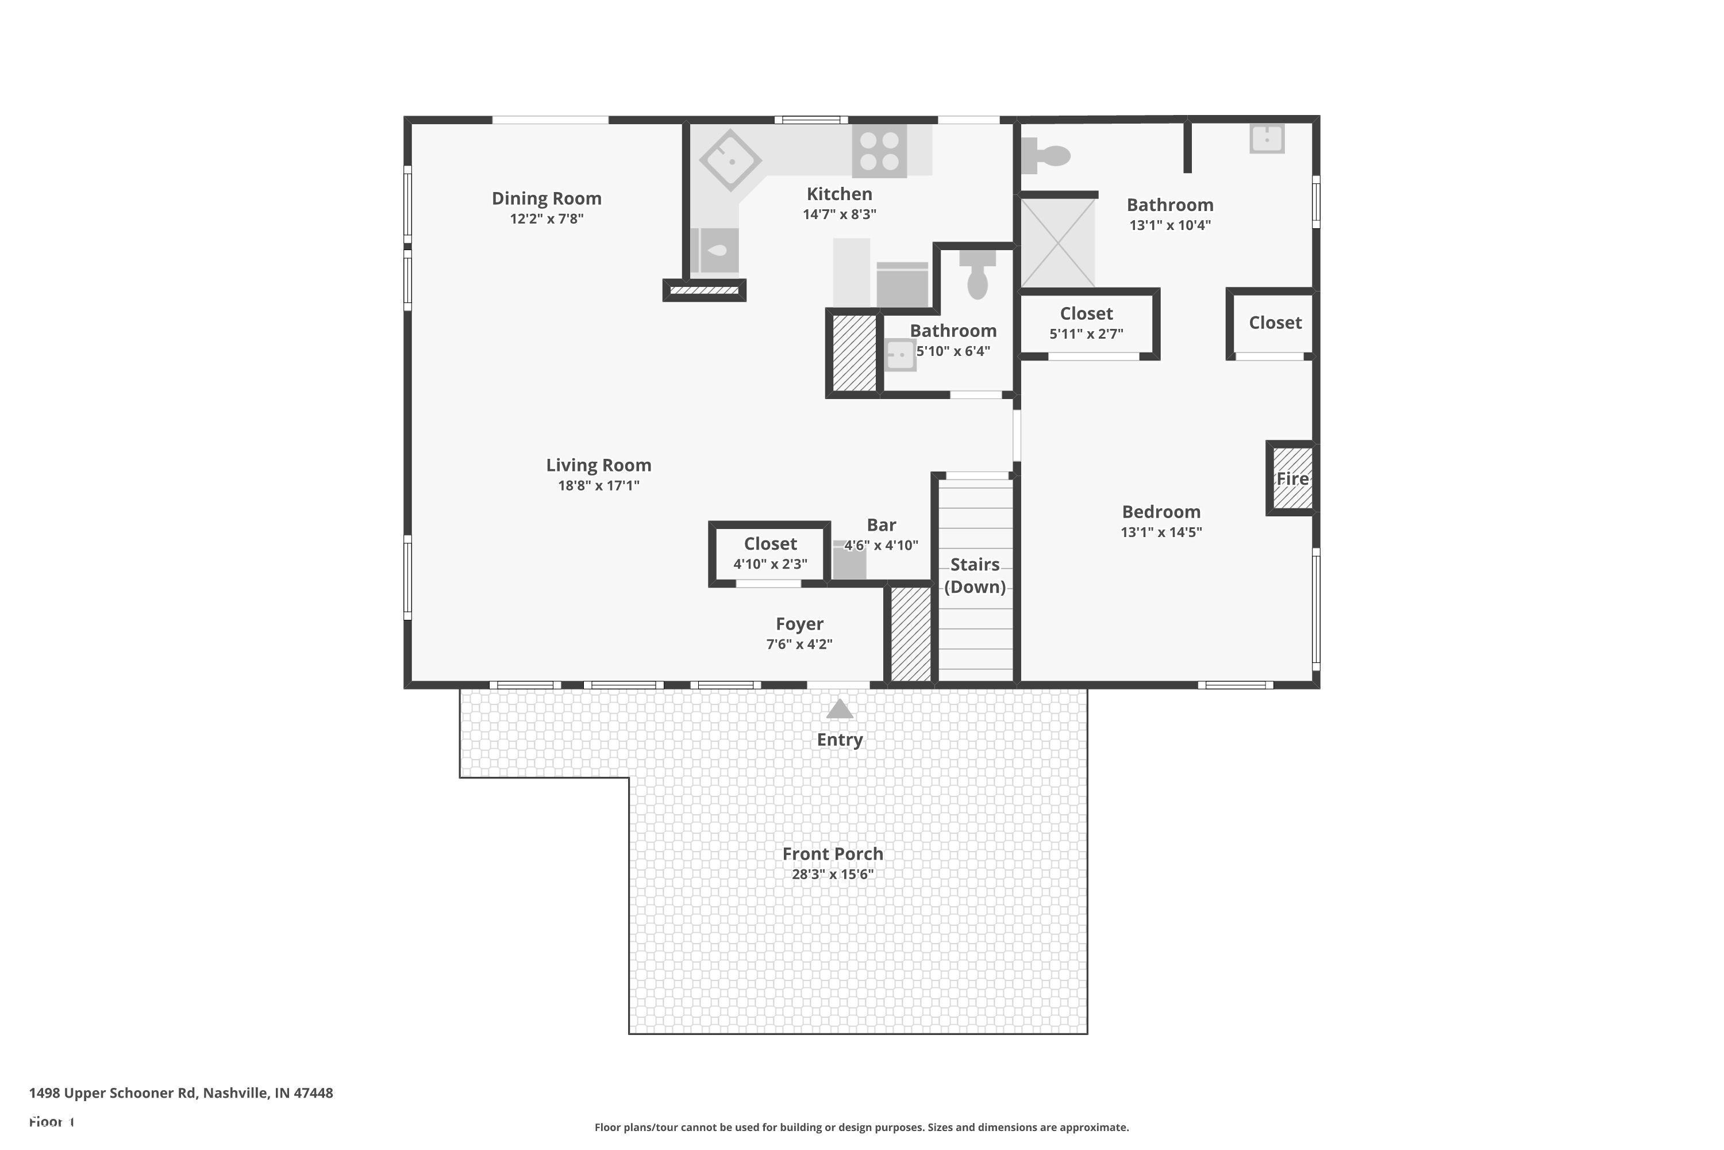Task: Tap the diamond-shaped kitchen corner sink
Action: [730, 160]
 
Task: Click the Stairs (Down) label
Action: [974, 575]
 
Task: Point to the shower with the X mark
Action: [1058, 243]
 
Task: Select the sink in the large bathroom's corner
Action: [1267, 138]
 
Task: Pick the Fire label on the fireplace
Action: [1291, 479]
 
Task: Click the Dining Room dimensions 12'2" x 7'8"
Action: [547, 218]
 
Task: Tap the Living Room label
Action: [598, 465]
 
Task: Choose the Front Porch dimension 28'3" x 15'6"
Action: [833, 874]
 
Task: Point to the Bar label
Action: [881, 525]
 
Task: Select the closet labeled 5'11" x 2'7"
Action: [1086, 323]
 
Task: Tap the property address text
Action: [181, 1093]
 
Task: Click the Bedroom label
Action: [1161, 512]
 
